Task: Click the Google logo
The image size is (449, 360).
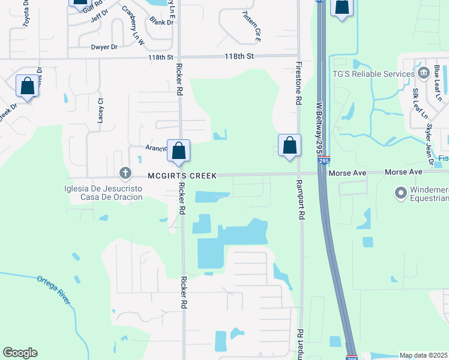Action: [x=20, y=353]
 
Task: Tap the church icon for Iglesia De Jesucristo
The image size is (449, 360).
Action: [x=125, y=174]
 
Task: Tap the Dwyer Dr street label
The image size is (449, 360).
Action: [x=104, y=46]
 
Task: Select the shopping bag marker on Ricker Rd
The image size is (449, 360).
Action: [x=178, y=150]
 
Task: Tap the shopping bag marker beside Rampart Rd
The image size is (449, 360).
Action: [x=289, y=145]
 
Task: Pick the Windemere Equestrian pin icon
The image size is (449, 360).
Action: [x=400, y=193]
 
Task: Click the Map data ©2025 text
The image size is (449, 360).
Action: [x=423, y=355]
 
